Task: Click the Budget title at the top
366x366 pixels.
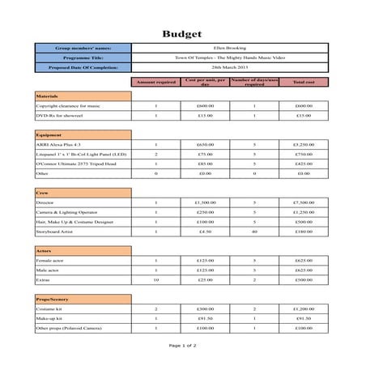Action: pyautogui.click(x=182, y=33)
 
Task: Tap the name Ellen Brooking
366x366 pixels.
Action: pyautogui.click(x=230, y=49)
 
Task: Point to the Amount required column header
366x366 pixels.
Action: pyautogui.click(x=155, y=82)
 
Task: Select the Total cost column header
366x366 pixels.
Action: pyautogui.click(x=303, y=82)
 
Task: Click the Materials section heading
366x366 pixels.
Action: pyautogui.click(x=48, y=96)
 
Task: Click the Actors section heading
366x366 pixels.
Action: pyautogui.click(x=45, y=251)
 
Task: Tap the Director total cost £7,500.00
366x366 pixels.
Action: pyautogui.click(x=303, y=202)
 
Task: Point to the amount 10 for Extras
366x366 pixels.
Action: pyautogui.click(x=155, y=280)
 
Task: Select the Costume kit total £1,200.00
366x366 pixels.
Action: pyautogui.click(x=303, y=309)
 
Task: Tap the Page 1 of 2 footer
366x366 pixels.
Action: pyautogui.click(x=182, y=346)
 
